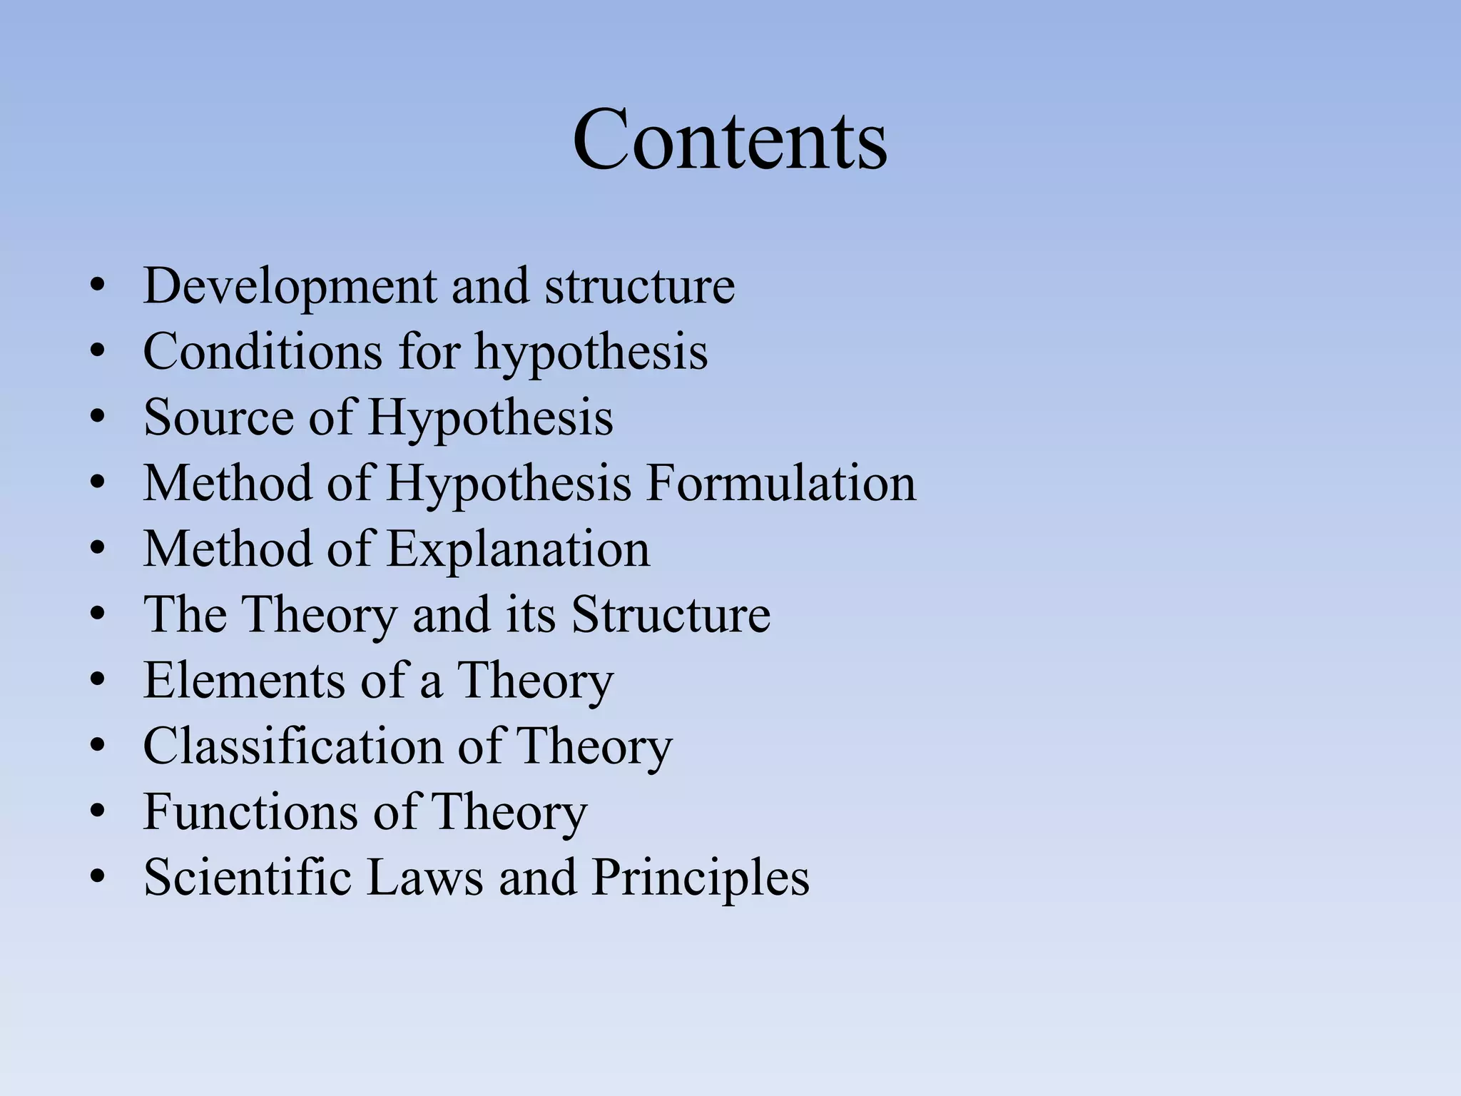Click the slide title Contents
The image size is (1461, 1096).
pos(730,139)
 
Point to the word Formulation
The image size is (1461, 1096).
pos(781,483)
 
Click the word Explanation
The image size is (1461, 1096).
pos(519,549)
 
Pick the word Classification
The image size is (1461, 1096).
pos(292,746)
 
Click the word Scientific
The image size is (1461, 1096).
pos(247,877)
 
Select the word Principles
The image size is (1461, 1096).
pos(701,877)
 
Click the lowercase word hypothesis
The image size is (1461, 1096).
pos(591,352)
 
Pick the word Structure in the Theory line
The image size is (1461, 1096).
pos(671,614)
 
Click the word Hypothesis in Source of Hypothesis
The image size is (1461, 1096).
pos(491,418)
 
